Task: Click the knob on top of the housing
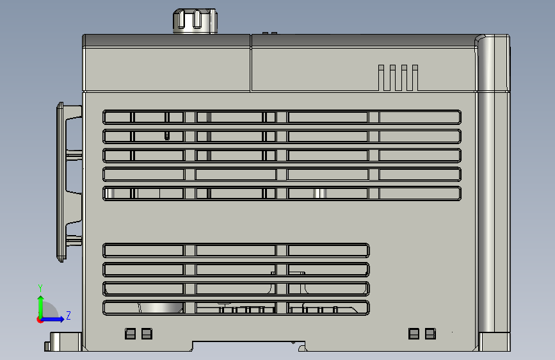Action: pos(195,21)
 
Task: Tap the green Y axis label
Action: pos(40,288)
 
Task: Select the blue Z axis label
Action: pos(68,315)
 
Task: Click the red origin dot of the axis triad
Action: pos(40,320)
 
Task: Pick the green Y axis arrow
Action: pos(41,307)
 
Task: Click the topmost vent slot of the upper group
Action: pos(282,117)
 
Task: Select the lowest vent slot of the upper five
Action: pos(282,193)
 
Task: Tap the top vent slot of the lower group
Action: pos(236,250)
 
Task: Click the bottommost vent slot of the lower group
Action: pos(236,307)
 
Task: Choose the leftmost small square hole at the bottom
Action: pos(130,334)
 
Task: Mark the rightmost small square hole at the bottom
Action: pos(430,334)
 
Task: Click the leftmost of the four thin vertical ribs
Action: pos(382,78)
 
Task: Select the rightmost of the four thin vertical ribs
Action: pos(415,78)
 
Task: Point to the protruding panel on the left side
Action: pos(69,182)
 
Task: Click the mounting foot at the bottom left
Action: pos(63,341)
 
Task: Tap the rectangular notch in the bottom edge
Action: pos(248,345)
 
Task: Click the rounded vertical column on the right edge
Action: pos(492,193)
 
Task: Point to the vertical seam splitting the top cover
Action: pos(250,63)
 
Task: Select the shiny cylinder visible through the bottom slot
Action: pos(160,307)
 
